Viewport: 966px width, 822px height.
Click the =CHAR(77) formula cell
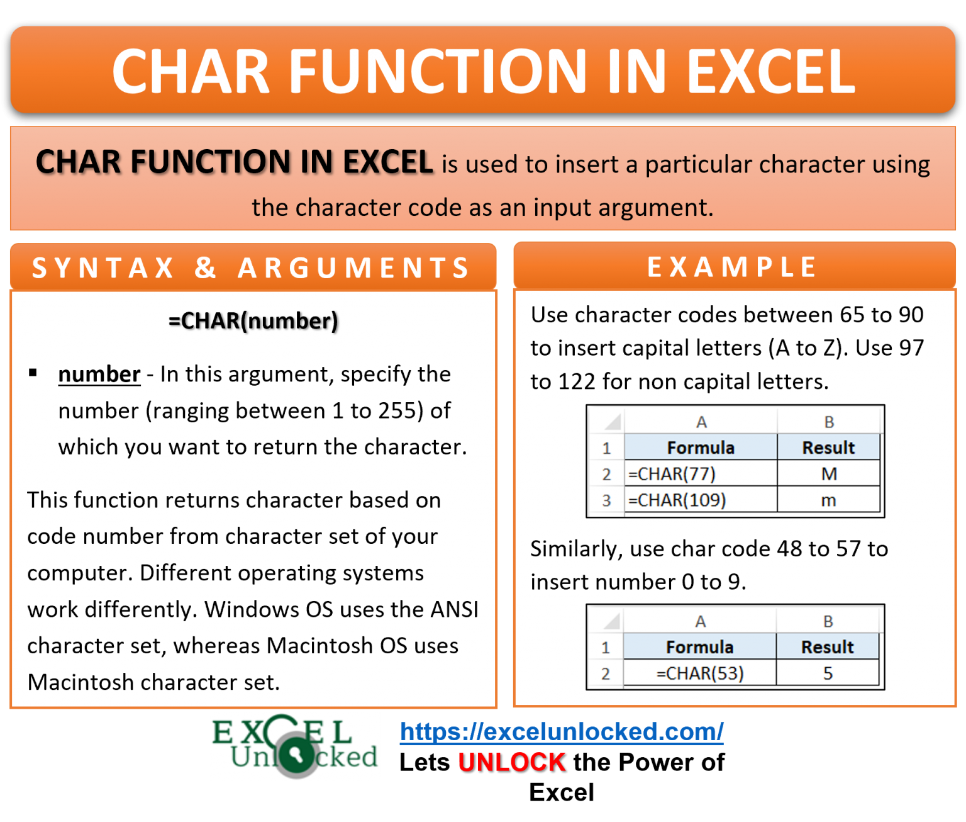700,474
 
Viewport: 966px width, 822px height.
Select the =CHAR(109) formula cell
700,500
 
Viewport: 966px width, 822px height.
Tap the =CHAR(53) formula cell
700,673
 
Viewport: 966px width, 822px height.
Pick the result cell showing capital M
829,474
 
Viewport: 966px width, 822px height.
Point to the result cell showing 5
828,673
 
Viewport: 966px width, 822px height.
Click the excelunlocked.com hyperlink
562,731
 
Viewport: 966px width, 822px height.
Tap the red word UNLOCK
511,762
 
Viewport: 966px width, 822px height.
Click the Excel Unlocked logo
295,746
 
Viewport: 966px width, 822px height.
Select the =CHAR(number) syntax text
253,321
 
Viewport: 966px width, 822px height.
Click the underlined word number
99,374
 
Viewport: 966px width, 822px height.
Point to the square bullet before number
33,373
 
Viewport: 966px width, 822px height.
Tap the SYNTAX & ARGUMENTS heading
252,267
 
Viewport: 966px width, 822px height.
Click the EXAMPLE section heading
733,267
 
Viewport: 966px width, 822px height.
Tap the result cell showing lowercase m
829,500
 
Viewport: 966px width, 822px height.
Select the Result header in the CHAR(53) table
828,647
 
